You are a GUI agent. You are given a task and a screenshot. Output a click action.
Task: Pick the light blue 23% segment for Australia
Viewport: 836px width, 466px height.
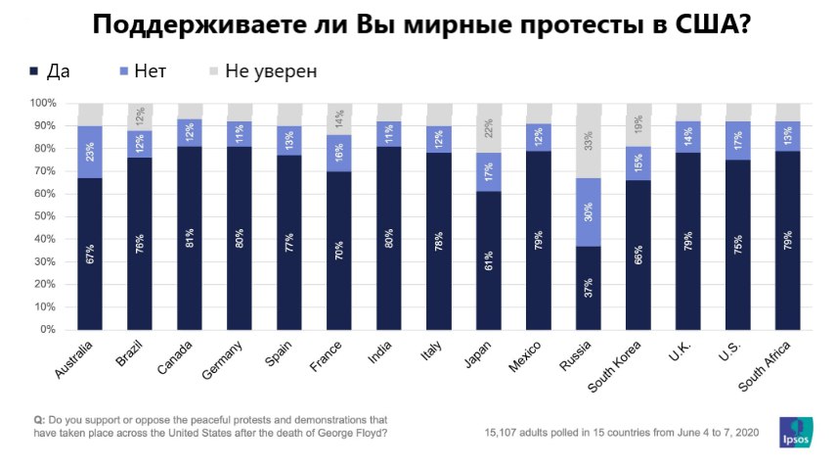pyautogui.click(x=91, y=152)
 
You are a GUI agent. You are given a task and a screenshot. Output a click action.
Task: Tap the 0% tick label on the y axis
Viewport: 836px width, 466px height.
pyautogui.click(x=47, y=329)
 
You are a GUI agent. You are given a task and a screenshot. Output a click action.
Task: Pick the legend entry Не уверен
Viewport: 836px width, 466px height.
pyautogui.click(x=262, y=70)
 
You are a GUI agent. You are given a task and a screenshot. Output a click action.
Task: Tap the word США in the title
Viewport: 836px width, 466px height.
pyautogui.click(x=707, y=25)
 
